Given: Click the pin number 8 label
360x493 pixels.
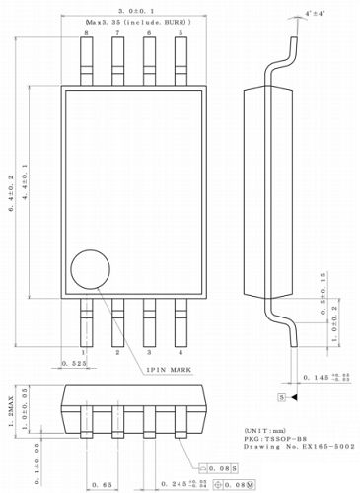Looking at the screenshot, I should point(86,33).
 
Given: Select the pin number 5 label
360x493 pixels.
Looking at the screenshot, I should point(180,33).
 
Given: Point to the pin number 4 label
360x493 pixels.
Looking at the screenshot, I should point(180,351).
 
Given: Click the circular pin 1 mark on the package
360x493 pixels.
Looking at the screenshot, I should point(91,268).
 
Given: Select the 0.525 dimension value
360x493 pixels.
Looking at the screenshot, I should point(74,363).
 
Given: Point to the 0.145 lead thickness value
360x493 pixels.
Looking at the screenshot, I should point(316,377).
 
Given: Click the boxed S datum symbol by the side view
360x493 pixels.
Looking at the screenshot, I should point(281,395).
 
